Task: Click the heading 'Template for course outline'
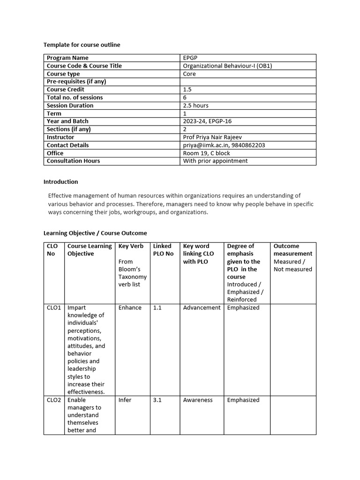pyautogui.click(x=82, y=45)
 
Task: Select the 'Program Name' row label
pyautogui.click(x=67, y=58)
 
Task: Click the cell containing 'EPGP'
pyautogui.click(x=190, y=58)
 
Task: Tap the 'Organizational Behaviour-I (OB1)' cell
pyautogui.click(x=227, y=66)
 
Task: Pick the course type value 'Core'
pyautogui.click(x=189, y=74)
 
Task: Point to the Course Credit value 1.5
pyautogui.click(x=187, y=90)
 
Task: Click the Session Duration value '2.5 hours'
pyautogui.click(x=195, y=105)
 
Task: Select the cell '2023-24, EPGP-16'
pyautogui.click(x=207, y=121)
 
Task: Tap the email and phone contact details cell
pyautogui.click(x=224, y=145)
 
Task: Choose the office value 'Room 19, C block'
pyautogui.click(x=206, y=153)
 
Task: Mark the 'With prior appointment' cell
pyautogui.click(x=215, y=161)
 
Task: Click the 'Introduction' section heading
pyautogui.click(x=60, y=182)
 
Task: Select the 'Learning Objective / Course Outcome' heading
pyautogui.click(x=95, y=233)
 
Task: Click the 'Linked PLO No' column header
pyautogui.click(x=163, y=250)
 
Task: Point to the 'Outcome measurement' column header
pyautogui.click(x=292, y=250)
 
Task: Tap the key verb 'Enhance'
pyautogui.click(x=130, y=308)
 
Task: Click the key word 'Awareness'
pyautogui.click(x=198, y=400)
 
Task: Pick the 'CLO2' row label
pyautogui.click(x=54, y=400)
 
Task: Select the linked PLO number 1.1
pyautogui.click(x=157, y=308)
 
